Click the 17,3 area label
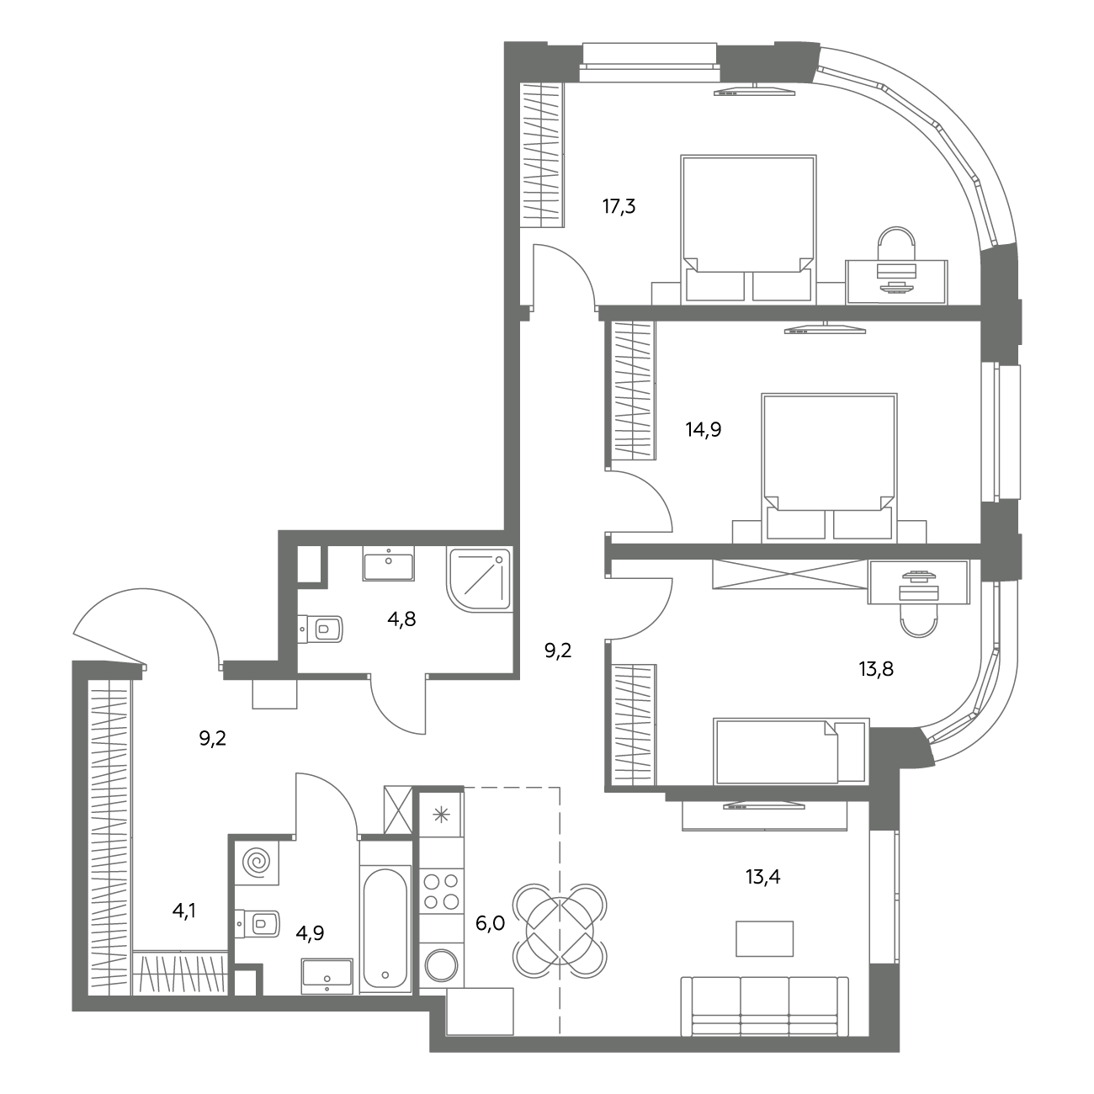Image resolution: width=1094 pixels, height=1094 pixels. [619, 207]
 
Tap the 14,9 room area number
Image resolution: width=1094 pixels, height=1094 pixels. [704, 430]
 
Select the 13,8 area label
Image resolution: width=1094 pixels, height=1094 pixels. [876, 669]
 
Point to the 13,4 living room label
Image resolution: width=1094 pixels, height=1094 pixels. [763, 877]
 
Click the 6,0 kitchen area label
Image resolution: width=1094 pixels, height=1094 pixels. [490, 924]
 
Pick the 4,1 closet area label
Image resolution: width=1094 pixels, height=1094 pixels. [184, 911]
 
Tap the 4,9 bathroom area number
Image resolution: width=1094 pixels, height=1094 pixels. [310, 932]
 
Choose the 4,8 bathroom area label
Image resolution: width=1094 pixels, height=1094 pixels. [401, 619]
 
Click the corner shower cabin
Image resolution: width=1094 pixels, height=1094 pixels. [479, 579]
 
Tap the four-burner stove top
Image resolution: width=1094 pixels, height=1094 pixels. [442, 891]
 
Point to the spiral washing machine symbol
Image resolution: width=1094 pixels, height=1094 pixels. [258, 863]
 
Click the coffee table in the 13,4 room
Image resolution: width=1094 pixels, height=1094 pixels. [764, 939]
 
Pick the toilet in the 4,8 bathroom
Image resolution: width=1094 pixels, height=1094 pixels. [320, 629]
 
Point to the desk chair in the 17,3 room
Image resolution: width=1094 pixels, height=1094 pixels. [896, 243]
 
